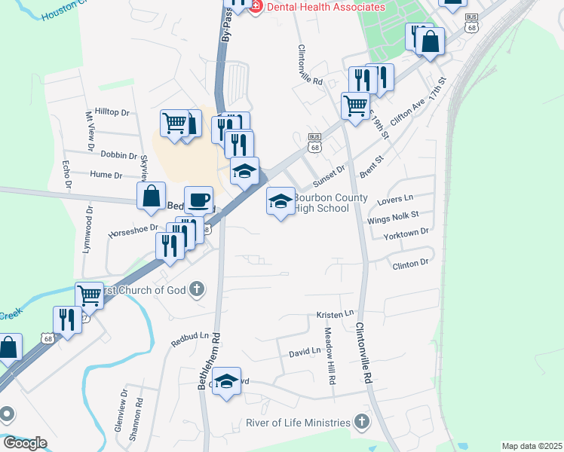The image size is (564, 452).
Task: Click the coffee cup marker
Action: pyautogui.click(x=198, y=200)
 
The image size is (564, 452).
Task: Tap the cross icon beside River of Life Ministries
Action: pyautogui.click(x=362, y=423)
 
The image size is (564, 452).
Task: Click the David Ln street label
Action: pyautogui.click(x=305, y=352)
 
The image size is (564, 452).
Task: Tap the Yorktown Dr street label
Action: pyautogui.click(x=406, y=234)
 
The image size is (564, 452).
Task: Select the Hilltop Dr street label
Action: pyautogui.click(x=112, y=112)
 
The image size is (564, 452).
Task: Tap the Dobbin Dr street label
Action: pyautogui.click(x=117, y=154)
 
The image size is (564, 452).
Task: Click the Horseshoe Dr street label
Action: pyautogui.click(x=132, y=227)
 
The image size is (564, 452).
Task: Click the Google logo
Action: pyautogui.click(x=24, y=442)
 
